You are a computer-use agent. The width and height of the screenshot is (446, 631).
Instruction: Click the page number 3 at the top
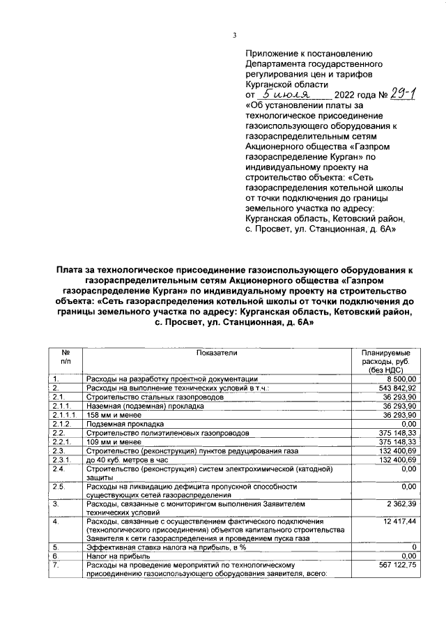tap(234, 36)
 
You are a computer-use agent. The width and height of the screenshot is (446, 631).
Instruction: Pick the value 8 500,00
tap(399, 378)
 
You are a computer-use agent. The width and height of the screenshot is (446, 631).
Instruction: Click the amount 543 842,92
tap(395, 387)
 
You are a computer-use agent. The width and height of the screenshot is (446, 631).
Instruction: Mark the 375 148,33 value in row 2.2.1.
tap(395, 441)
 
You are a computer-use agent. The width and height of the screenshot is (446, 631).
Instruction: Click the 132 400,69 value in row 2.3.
tap(395, 450)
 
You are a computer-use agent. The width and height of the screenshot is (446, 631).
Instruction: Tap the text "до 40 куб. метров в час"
tap(129, 459)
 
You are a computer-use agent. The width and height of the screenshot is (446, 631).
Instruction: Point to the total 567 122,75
tap(395, 565)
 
